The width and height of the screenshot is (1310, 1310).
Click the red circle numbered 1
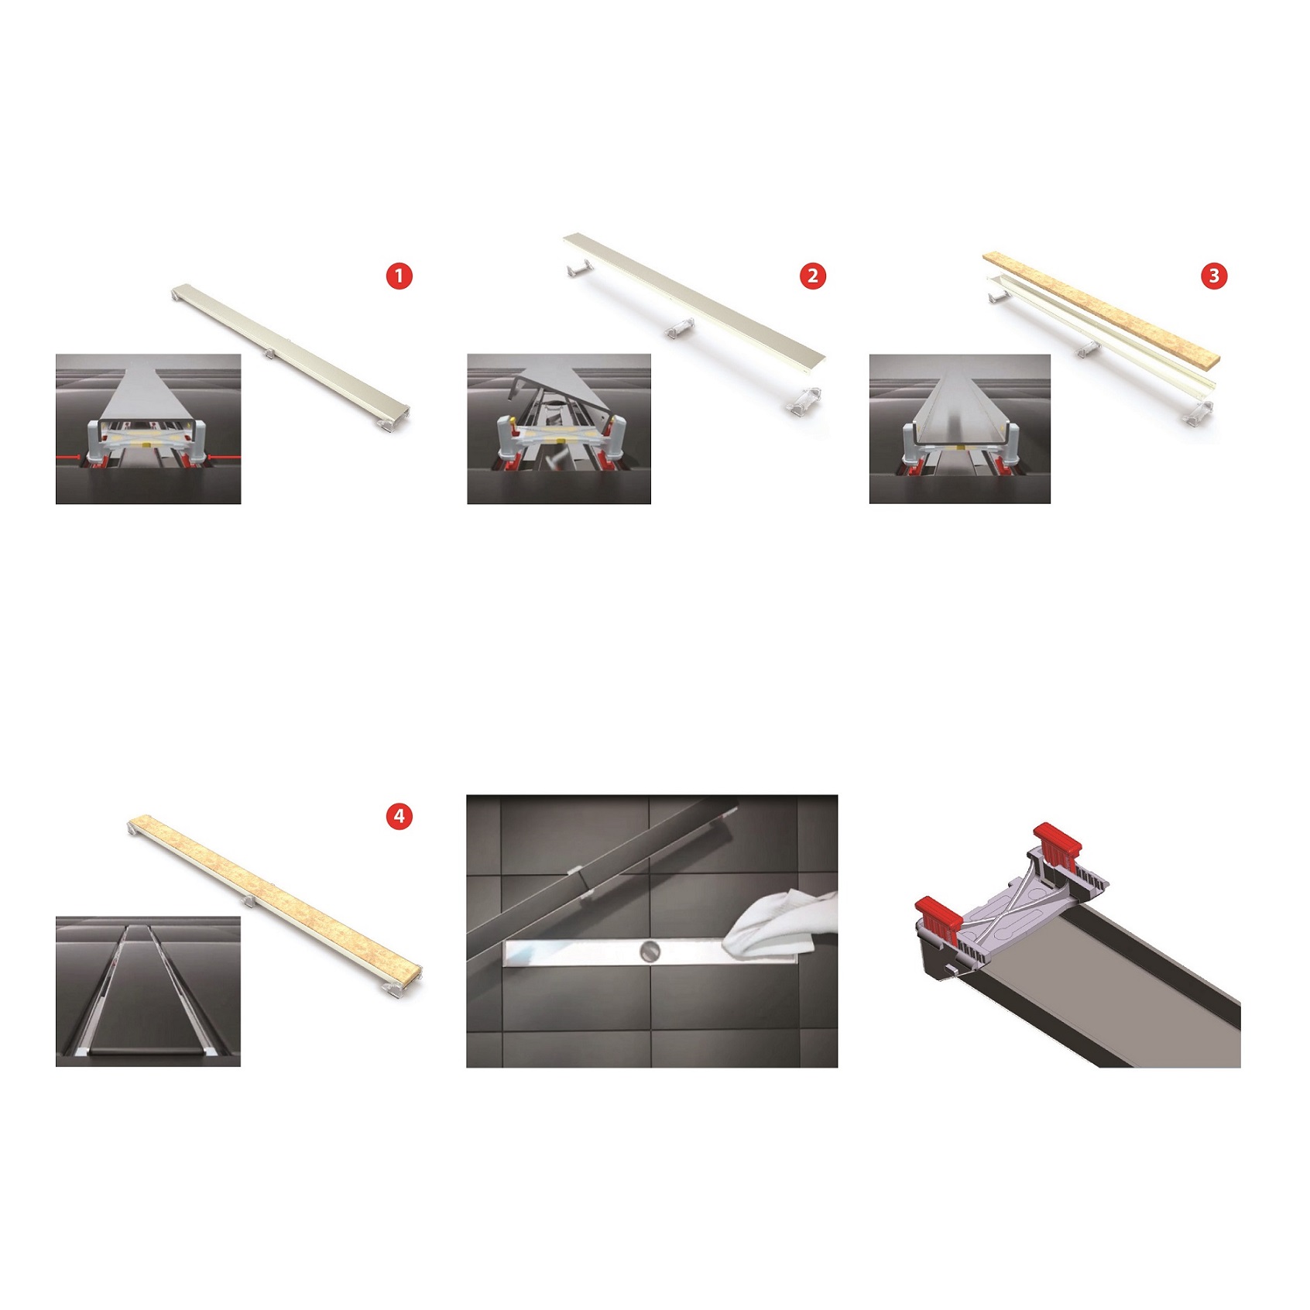(x=400, y=276)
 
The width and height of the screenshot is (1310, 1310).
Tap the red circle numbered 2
(x=813, y=276)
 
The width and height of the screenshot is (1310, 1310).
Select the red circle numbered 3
(x=1214, y=276)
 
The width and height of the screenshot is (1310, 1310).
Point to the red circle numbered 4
(x=400, y=816)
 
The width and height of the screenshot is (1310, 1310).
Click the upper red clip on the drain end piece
(x=1058, y=843)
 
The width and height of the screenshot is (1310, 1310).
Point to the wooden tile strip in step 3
(x=1101, y=307)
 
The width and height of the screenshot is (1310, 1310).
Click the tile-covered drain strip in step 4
(x=275, y=899)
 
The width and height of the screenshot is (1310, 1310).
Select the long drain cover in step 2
(x=694, y=297)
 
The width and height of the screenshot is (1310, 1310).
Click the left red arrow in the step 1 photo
(x=74, y=458)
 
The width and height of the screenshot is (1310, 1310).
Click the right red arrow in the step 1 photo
(x=224, y=458)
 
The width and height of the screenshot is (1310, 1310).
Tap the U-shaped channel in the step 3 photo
(x=960, y=410)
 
